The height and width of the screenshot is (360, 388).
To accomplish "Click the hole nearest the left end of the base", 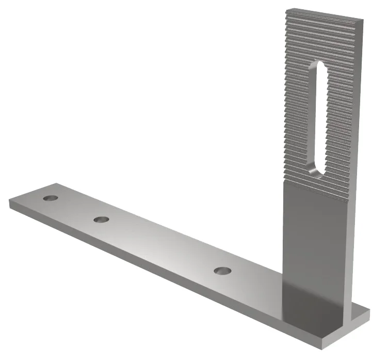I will point(51,198).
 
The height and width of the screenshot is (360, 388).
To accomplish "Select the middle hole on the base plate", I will point(102,220).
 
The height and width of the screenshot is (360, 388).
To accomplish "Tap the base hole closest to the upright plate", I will point(223,270).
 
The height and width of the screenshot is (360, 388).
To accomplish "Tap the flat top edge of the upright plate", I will point(325,13).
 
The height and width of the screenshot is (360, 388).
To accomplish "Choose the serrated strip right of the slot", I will point(343,119).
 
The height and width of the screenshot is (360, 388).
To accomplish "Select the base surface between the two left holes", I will point(76,209).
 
